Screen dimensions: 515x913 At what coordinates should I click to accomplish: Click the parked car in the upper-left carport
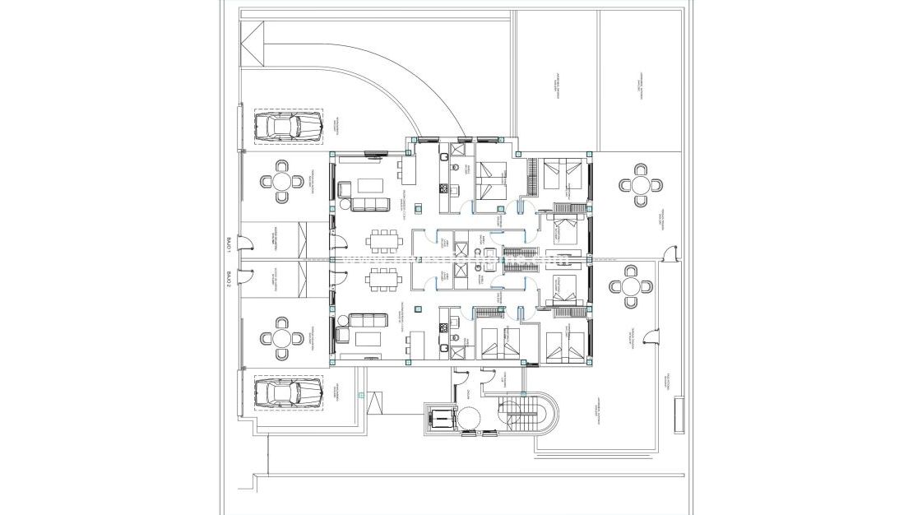(287, 127)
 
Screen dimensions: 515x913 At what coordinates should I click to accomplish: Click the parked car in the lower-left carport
(287, 392)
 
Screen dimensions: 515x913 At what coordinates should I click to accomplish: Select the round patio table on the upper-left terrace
(281, 182)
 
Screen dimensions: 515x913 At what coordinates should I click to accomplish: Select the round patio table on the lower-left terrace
(281, 339)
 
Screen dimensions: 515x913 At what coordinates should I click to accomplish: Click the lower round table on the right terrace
(631, 286)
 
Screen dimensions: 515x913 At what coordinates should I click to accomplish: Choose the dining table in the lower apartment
(383, 280)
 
